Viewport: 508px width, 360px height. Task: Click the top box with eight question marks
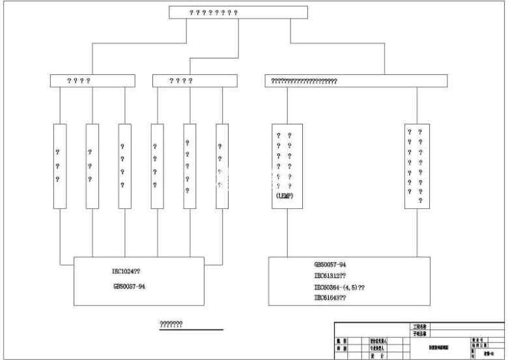pos(238,12)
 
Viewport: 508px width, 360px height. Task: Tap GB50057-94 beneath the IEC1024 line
pos(129,286)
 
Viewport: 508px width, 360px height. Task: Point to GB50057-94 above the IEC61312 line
pos(330,265)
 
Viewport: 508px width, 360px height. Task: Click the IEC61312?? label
pos(330,276)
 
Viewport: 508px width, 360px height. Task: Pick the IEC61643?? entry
pos(330,298)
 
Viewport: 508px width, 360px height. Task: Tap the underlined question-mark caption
pos(171,324)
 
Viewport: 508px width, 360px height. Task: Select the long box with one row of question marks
pos(356,81)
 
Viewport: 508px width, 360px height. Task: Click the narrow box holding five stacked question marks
pos(190,166)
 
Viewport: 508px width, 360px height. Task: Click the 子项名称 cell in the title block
pos(420,333)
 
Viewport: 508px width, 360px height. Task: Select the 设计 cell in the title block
pos(378,356)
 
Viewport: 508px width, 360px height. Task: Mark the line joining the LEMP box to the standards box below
pos(287,232)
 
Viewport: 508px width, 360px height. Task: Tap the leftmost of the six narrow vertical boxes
pos(60,166)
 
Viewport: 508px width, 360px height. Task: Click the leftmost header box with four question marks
pos(92,81)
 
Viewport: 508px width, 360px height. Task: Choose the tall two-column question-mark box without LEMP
pos(417,166)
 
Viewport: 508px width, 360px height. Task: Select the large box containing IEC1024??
pos(139,281)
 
